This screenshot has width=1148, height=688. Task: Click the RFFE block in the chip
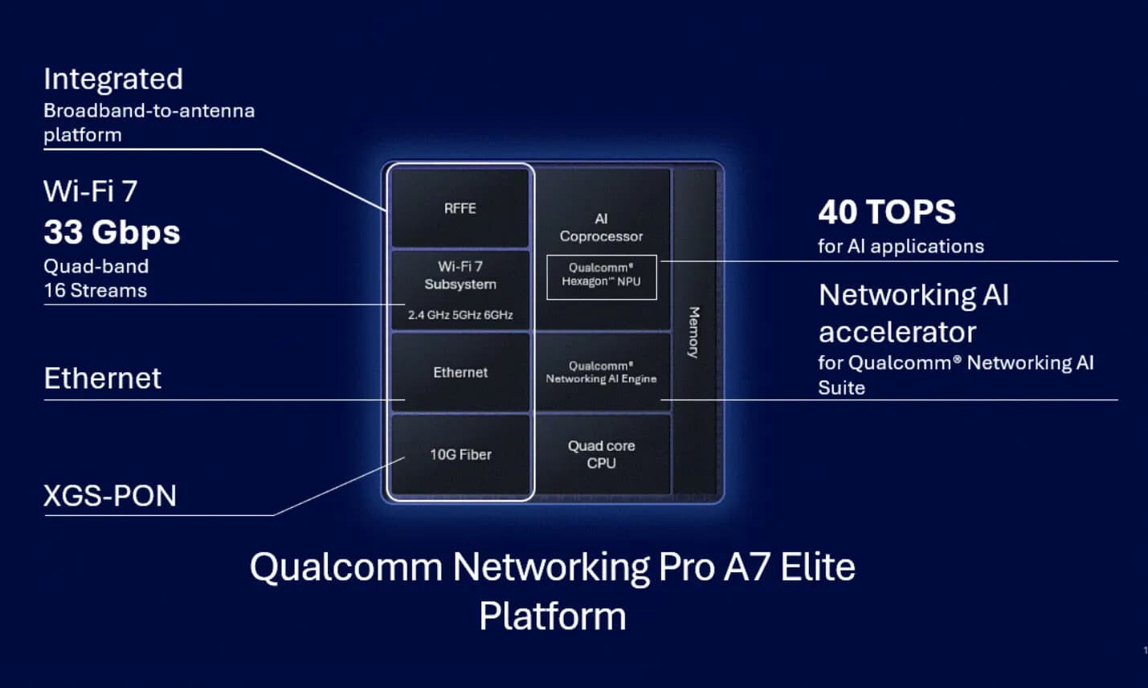(460, 208)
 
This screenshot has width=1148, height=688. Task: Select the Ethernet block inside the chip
(460, 372)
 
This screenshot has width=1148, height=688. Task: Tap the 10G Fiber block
(460, 455)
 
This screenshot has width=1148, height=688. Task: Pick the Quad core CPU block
(602, 454)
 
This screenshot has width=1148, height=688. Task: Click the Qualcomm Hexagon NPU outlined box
(602, 276)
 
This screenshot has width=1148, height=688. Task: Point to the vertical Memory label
(693, 332)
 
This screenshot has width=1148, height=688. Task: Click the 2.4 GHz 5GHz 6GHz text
(460, 315)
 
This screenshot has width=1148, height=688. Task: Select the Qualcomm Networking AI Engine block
(602, 372)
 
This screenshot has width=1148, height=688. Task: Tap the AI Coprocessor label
(601, 227)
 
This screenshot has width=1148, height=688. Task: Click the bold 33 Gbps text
(112, 231)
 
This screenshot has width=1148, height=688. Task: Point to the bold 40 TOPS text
(887, 211)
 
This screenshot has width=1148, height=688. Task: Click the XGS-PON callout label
(110, 496)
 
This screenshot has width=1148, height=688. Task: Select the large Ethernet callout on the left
(103, 379)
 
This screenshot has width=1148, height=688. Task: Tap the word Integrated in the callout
(113, 80)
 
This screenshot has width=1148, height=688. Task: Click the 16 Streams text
(96, 291)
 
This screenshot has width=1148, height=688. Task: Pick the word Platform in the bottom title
(553, 616)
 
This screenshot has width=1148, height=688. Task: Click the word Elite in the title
(818, 567)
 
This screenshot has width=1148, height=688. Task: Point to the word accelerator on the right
(897, 332)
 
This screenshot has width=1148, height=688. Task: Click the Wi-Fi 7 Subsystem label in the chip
(460, 276)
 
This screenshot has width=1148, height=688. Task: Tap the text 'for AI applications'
(901, 247)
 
